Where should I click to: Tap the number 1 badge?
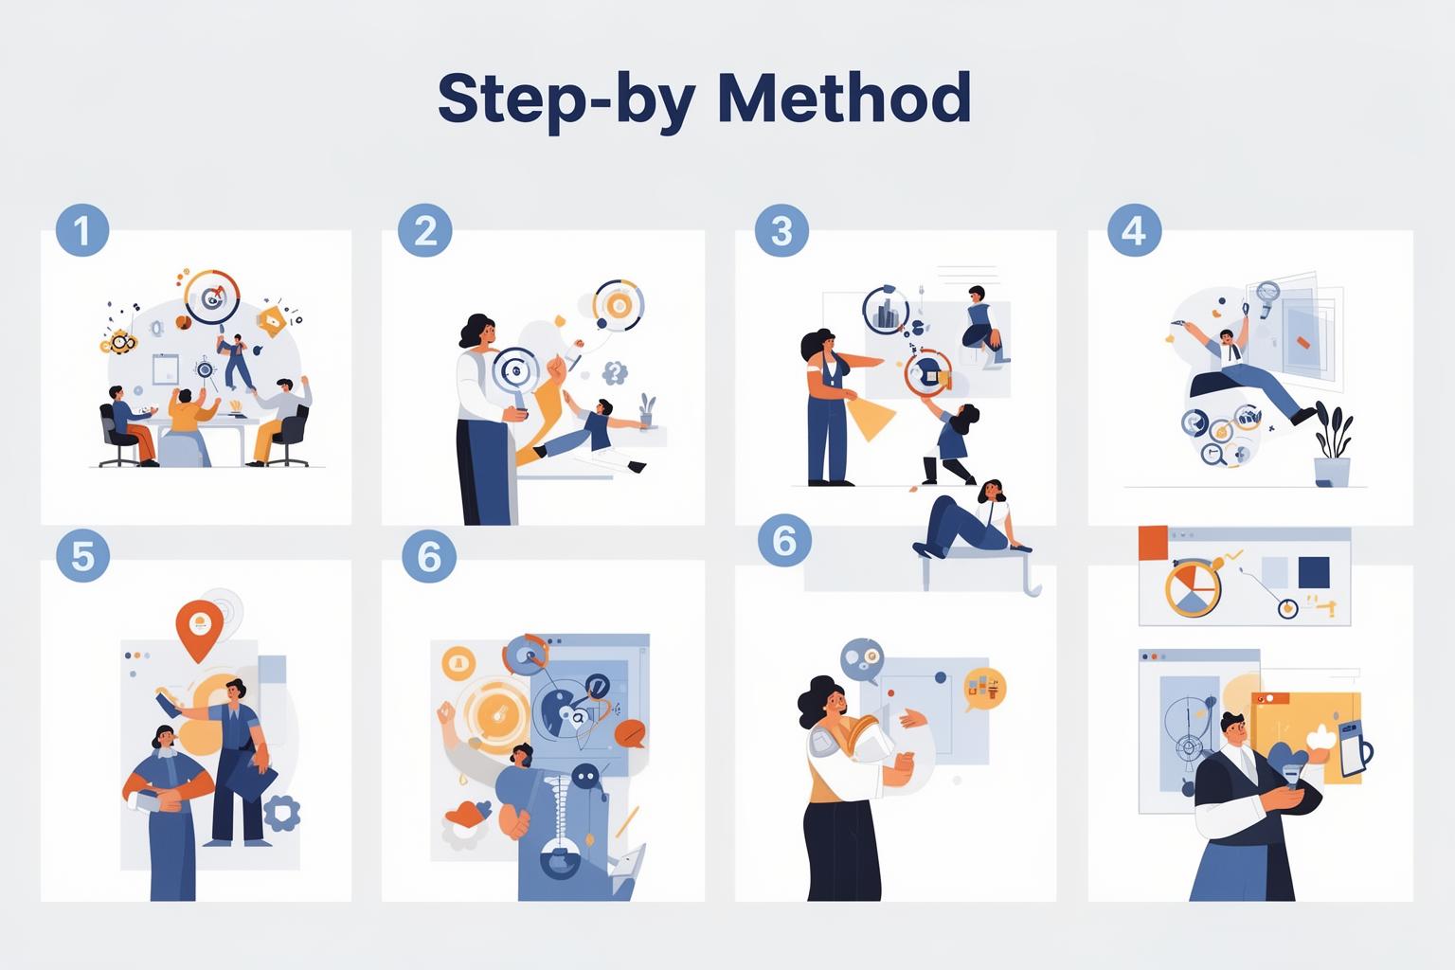click(82, 230)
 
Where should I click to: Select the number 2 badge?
click(424, 230)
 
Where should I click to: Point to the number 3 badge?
click(781, 230)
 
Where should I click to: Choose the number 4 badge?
click(1134, 230)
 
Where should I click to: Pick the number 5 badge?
click(82, 556)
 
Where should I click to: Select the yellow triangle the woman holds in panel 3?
click(871, 418)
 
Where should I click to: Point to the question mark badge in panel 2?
click(615, 373)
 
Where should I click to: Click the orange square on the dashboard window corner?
click(1153, 543)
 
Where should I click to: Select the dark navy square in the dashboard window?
click(1314, 572)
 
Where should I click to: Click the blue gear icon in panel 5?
click(281, 813)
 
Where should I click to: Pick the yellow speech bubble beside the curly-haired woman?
click(985, 689)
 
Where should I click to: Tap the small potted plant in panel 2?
click(646, 410)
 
